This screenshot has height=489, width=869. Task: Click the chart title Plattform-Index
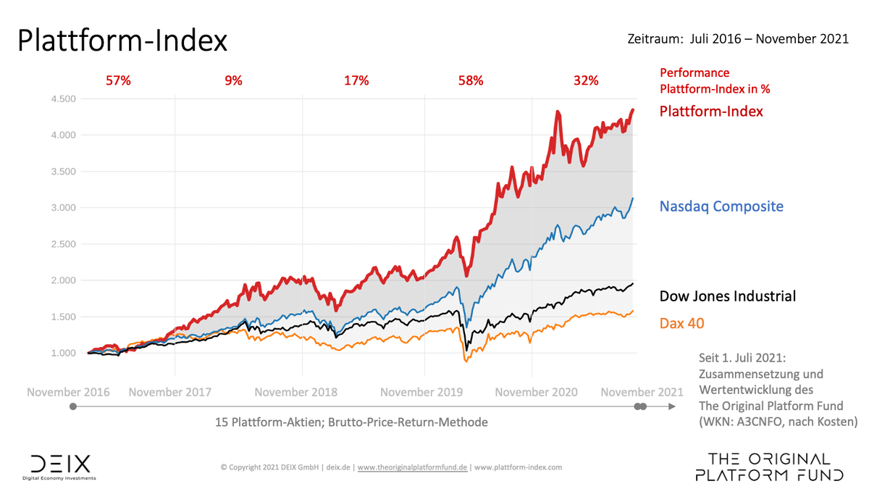click(x=122, y=41)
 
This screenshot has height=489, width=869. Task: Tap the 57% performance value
click(x=118, y=81)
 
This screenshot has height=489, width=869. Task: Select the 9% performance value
click(x=233, y=81)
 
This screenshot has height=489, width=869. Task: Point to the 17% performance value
click(x=356, y=81)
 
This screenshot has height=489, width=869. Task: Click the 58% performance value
click(x=470, y=81)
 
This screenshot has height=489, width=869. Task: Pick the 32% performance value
click(x=586, y=81)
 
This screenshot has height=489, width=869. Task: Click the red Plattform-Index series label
click(x=710, y=112)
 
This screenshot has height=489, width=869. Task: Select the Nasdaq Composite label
click(x=721, y=206)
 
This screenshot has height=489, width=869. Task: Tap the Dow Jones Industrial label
click(x=727, y=296)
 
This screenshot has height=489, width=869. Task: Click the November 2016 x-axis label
click(x=68, y=392)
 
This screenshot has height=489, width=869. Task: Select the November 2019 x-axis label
click(x=421, y=392)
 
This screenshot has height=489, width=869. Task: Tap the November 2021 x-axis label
click(x=641, y=392)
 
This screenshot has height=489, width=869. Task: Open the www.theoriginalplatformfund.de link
click(x=413, y=467)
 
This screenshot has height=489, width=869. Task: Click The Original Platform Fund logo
click(x=768, y=467)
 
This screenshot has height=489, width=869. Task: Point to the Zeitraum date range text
click(x=737, y=39)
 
